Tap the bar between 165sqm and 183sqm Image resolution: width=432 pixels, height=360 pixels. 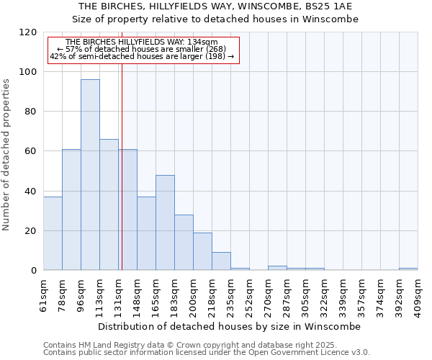[165, 222]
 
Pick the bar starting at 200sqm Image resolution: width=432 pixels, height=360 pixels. [202, 251]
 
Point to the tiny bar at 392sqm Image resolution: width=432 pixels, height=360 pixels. [408, 269]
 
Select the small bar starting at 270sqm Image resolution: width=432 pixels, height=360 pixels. [277, 269]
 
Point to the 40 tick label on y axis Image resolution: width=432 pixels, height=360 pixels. [30, 192]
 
